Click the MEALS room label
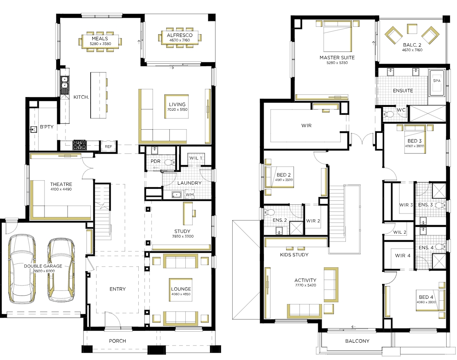tap(100, 38)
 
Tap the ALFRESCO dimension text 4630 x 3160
tap(180, 40)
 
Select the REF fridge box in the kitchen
tap(108, 146)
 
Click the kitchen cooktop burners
tap(79, 145)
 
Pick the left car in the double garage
tap(23, 269)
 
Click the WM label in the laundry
tap(190, 195)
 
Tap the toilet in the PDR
tap(169, 162)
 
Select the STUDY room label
tap(182, 231)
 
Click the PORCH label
tap(117, 341)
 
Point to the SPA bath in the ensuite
tap(436, 83)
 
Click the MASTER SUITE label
tap(337, 58)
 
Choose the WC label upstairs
tap(401, 110)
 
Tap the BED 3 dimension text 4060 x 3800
tap(415, 146)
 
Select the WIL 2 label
tap(400, 232)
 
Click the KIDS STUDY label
tap(294, 255)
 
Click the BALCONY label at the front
tap(357, 341)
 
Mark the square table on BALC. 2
tap(412, 29)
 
